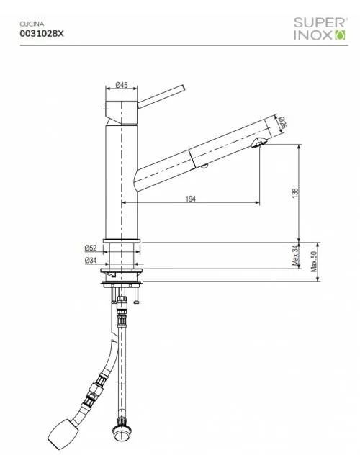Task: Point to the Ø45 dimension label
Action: click(x=122, y=85)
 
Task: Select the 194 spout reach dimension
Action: click(x=190, y=198)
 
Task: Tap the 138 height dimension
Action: click(x=295, y=192)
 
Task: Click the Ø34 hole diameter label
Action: click(x=91, y=259)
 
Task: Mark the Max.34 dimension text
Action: click(x=295, y=256)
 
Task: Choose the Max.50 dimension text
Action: click(x=313, y=261)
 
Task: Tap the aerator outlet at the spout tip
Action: click(x=260, y=145)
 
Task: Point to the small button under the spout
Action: click(x=204, y=167)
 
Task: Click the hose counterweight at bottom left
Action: click(x=61, y=432)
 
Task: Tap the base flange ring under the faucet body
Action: click(x=122, y=240)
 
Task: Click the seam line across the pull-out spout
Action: click(x=189, y=156)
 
